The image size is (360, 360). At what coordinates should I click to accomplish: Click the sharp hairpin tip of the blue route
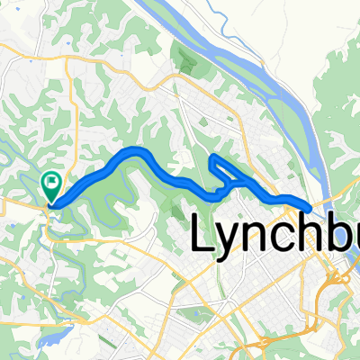(x=213, y=158)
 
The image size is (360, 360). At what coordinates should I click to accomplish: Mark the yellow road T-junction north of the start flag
(x=66, y=61)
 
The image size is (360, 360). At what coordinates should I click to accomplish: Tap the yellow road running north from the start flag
(x=63, y=117)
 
